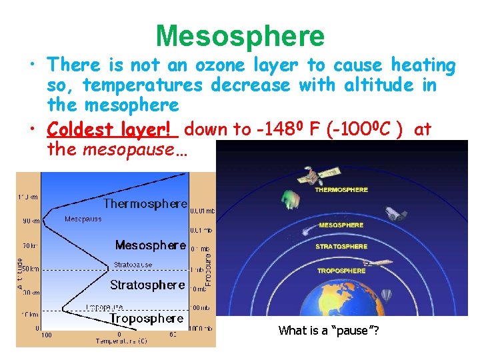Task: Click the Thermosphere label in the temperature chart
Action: (145, 204)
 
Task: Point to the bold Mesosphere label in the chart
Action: (150, 245)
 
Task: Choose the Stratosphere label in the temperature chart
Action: (147, 285)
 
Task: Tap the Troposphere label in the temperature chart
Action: (146, 319)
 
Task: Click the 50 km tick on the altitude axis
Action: (30, 269)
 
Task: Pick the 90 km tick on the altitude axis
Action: (30, 221)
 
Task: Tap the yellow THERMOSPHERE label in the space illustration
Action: (341, 190)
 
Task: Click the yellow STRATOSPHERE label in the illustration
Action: (341, 247)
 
